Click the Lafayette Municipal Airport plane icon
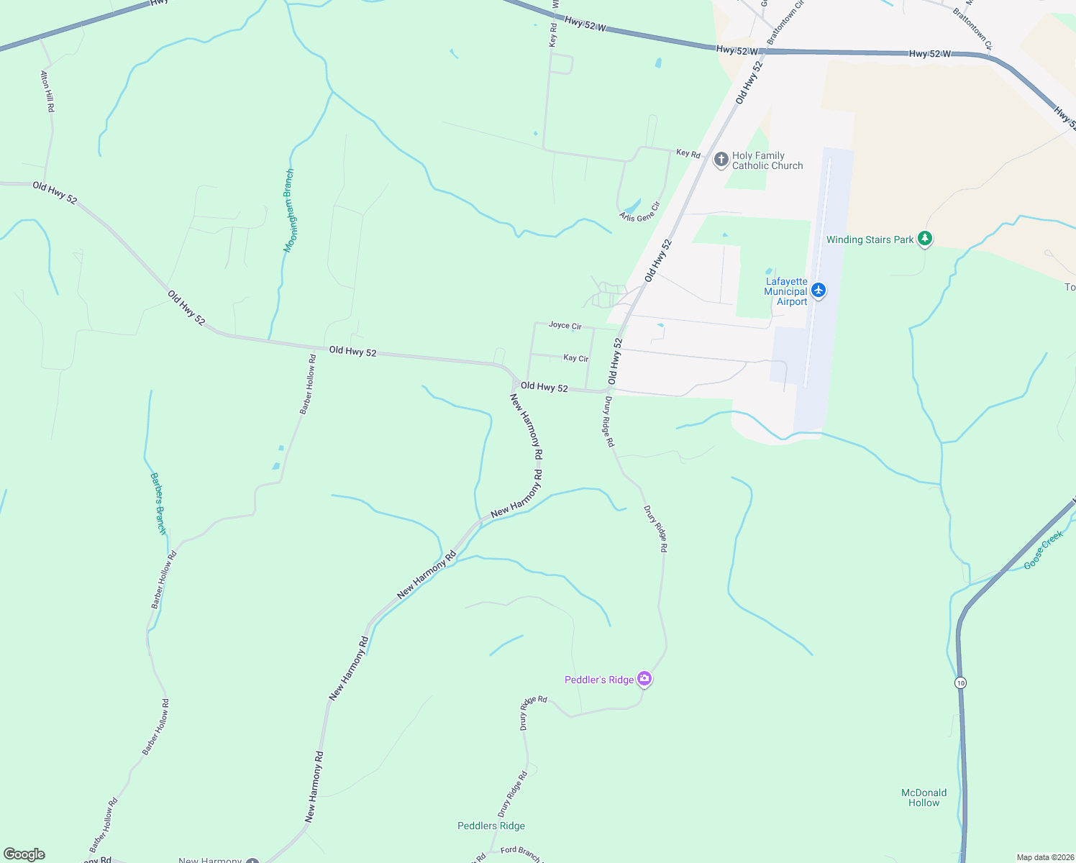818,291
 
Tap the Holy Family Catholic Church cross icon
721,160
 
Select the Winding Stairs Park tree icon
925,239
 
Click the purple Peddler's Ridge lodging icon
644,679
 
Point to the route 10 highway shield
961,682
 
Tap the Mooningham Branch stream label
289,210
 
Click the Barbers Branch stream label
158,503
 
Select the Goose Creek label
1043,550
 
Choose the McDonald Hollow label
924,798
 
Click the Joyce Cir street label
565,326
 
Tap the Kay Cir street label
575,358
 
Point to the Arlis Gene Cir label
639,211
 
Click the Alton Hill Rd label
47,91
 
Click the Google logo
24,854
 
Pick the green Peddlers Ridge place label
491,826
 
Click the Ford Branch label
521,854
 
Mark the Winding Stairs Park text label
870,239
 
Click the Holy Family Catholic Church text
767,160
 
